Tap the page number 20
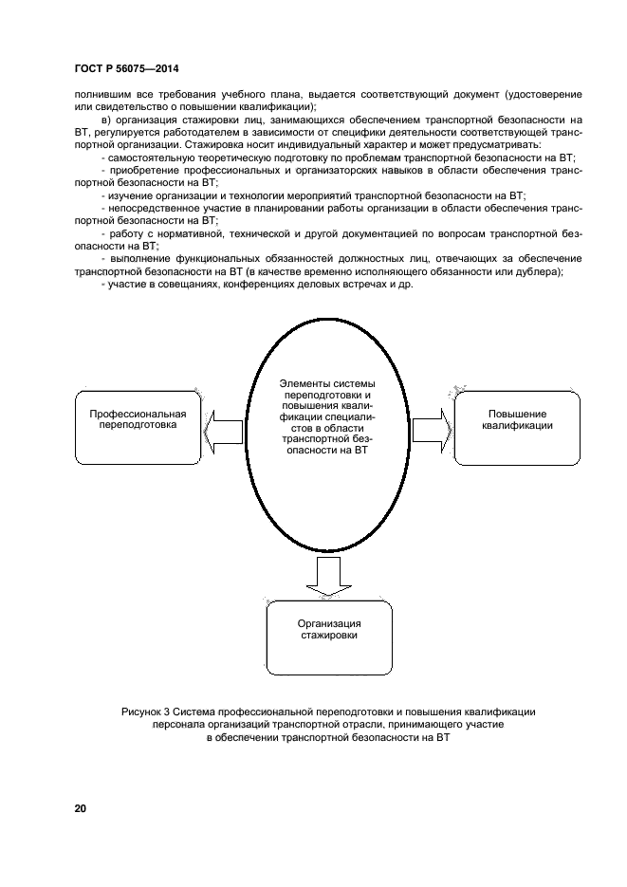click(81, 808)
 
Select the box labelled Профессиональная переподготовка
click(138, 420)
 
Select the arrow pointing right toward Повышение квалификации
click(432, 423)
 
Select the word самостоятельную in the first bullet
click(152, 157)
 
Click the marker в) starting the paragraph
click(105, 120)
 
